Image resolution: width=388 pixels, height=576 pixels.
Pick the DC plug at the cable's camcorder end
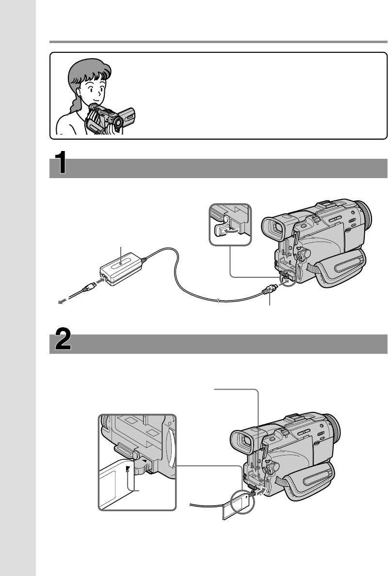[x=269, y=292]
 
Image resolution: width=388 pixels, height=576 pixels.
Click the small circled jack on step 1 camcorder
[x=289, y=279]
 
